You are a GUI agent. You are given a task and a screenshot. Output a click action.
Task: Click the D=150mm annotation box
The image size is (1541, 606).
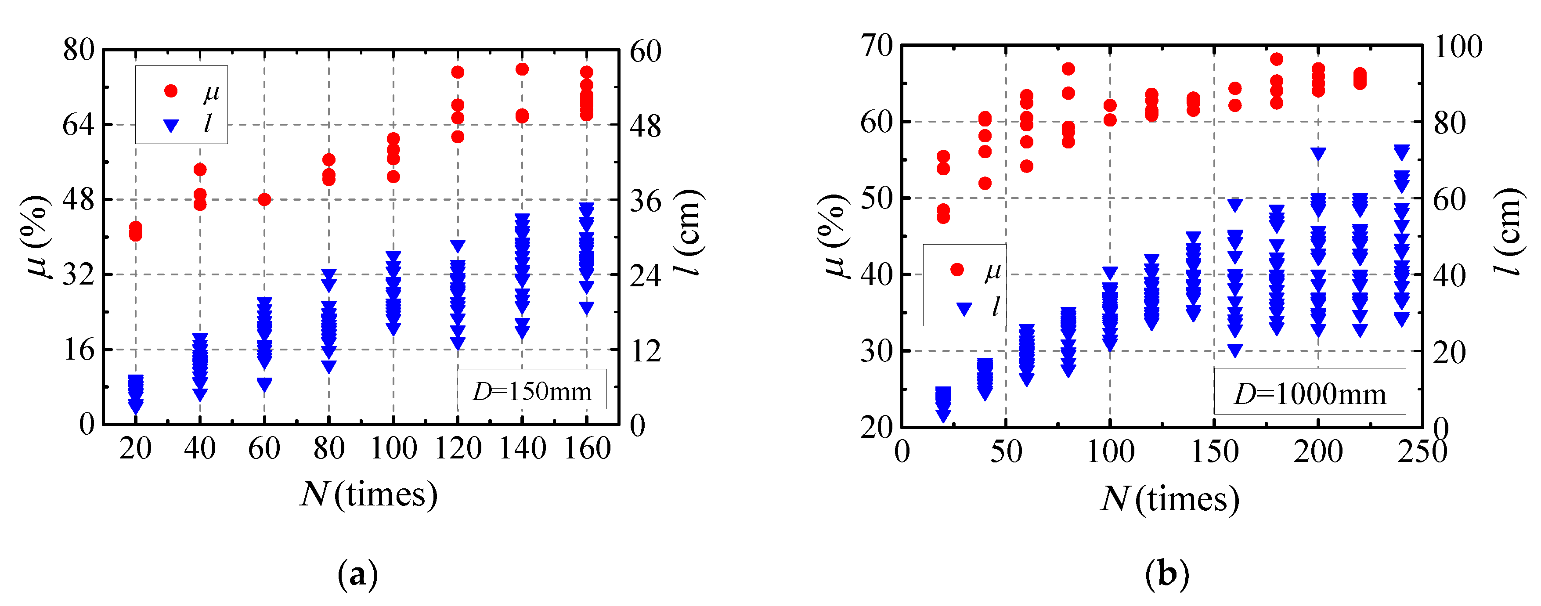tap(532, 390)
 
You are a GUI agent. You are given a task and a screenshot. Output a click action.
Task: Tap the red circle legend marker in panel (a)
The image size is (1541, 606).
tap(171, 91)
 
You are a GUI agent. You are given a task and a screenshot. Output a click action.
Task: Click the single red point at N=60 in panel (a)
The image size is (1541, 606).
tap(264, 199)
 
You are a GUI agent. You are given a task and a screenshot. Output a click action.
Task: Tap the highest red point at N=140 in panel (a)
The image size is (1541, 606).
tap(522, 69)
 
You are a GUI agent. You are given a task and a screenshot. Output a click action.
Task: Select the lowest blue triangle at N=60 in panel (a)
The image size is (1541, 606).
tap(264, 384)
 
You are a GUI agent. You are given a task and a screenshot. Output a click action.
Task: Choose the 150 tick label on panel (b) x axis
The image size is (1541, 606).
tap(1214, 452)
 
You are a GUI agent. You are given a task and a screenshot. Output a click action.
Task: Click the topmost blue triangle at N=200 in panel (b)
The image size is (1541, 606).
tap(1318, 153)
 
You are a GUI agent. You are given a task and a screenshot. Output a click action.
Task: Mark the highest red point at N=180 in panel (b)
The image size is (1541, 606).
tap(1277, 59)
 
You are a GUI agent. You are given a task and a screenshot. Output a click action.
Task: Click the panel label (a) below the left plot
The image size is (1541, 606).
tap(358, 574)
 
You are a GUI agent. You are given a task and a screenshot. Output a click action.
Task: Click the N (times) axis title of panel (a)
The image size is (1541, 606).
tap(368, 494)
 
